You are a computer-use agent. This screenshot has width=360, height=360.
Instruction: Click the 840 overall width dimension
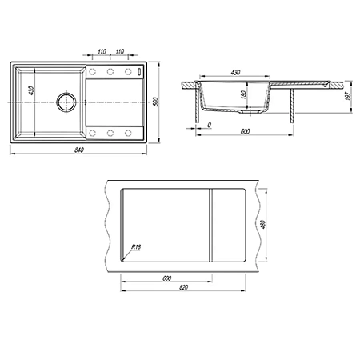coord(79,150)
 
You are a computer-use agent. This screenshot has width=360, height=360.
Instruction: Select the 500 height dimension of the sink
coord(156,102)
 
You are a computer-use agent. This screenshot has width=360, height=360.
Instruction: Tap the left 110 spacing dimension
coord(102,51)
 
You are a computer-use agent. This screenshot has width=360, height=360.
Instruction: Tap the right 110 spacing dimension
coord(120,51)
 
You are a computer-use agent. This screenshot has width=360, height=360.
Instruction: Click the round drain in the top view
coord(66,102)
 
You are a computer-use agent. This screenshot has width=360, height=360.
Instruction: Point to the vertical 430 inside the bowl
coord(31,90)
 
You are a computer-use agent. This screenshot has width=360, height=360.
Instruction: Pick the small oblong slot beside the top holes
coord(139,72)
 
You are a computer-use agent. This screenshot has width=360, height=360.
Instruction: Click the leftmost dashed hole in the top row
coord(93,71)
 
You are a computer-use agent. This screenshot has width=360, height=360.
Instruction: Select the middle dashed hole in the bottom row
coord(110,133)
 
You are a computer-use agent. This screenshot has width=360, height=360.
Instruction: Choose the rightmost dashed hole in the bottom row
coord(128,133)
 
